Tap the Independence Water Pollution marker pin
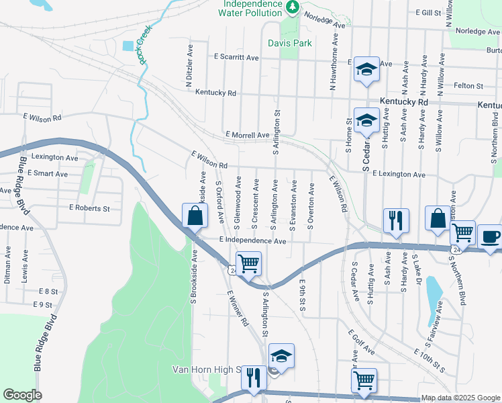292,7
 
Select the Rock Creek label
143,45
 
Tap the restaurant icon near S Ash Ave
395,220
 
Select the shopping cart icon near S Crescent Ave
248,263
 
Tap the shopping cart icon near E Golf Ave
364,379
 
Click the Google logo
22,395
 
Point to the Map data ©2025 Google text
460,398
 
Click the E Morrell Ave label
248,135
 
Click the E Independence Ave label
253,240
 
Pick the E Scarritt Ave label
236,58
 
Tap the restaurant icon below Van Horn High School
253,377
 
